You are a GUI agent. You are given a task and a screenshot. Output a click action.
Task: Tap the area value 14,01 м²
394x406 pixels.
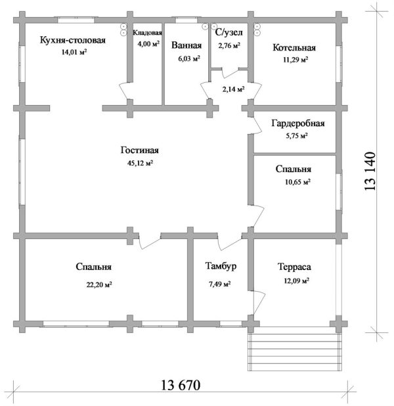pyautogui.click(x=73, y=53)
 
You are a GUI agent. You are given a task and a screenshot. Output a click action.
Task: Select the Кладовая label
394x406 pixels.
pyautogui.click(x=147, y=32)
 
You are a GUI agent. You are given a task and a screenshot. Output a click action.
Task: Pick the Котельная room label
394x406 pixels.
pyautogui.click(x=295, y=47)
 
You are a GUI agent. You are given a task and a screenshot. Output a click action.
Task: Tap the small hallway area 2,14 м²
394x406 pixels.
pyautogui.click(x=233, y=89)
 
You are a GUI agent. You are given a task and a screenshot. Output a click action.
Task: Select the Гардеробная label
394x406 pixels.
pyautogui.click(x=298, y=123)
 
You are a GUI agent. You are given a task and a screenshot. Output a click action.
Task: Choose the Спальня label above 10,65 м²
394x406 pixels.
pyautogui.click(x=293, y=169)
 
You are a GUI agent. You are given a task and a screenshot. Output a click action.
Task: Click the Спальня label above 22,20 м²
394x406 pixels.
pyautogui.click(x=93, y=267)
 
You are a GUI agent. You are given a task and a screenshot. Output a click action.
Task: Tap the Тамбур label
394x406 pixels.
pyautogui.click(x=220, y=267)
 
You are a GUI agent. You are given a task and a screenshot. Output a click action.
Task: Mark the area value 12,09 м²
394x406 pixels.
pyautogui.click(x=295, y=281)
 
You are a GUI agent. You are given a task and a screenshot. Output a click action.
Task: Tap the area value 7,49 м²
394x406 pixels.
pyautogui.click(x=219, y=284)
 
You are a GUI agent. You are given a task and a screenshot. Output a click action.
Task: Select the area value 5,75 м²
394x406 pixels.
pyautogui.click(x=295, y=135)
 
